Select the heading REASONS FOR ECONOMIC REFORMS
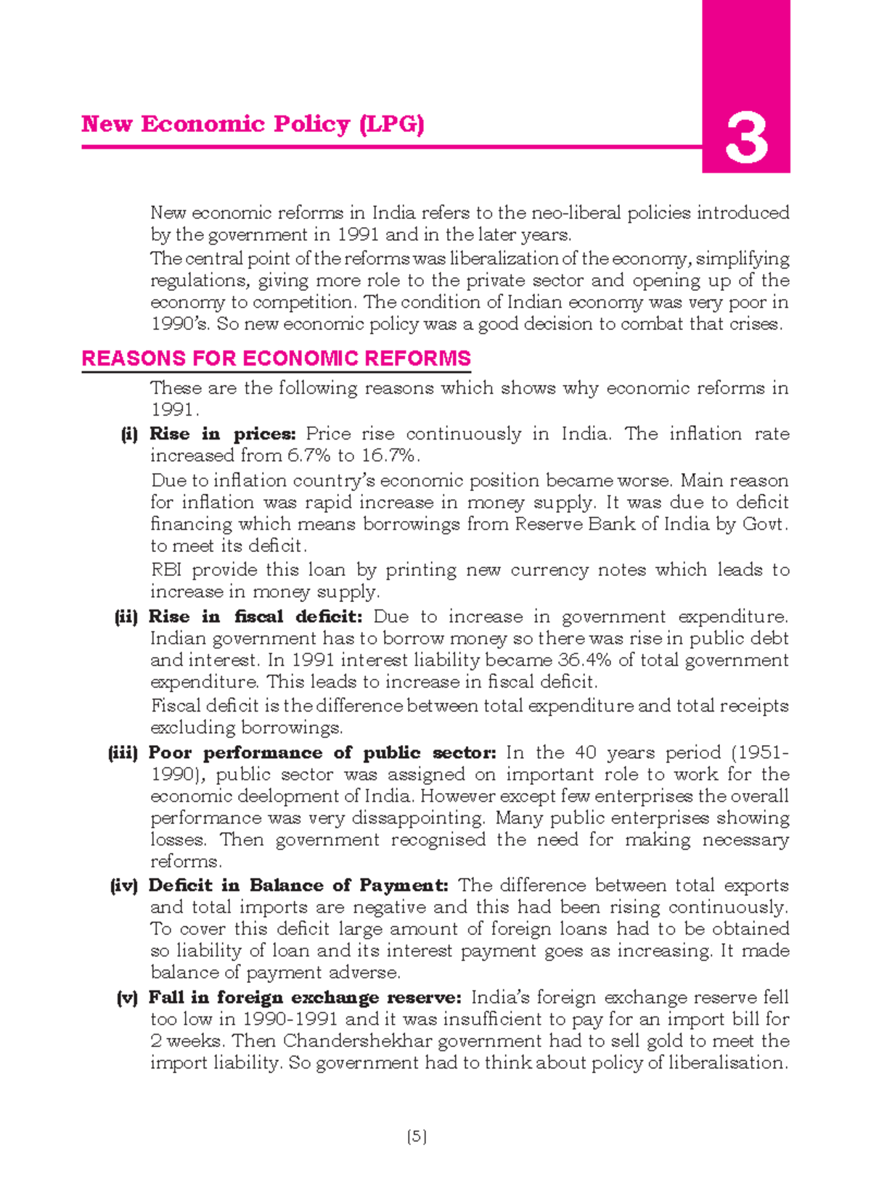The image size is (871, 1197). point(276,358)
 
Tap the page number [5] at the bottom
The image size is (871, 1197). point(417,1137)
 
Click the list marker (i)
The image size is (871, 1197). point(129,435)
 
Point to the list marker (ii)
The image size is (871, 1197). point(126,617)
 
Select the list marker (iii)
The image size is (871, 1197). point(123,753)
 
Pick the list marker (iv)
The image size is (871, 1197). point(123,886)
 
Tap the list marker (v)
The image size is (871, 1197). point(127,998)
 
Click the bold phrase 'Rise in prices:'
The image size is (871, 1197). point(222,435)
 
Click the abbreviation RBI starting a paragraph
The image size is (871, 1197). point(167,570)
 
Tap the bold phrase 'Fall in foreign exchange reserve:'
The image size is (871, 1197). point(305,998)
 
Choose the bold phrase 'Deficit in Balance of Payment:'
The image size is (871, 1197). point(298,886)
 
